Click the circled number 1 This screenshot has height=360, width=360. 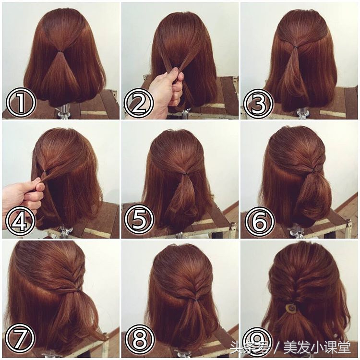(21, 104)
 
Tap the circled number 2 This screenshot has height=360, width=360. (139, 104)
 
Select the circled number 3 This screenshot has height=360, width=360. (259, 104)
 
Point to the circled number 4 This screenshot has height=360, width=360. (21, 222)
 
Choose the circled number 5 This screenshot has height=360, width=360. (139, 222)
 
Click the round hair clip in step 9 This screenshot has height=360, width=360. (291, 308)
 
